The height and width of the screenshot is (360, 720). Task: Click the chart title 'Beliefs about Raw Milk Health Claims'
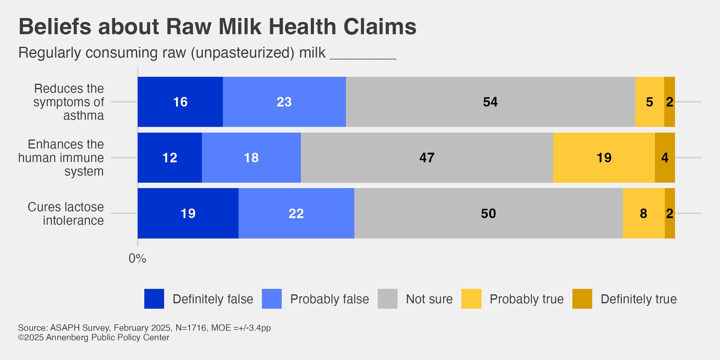(x=217, y=27)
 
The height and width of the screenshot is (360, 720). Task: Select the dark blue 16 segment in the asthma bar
(x=180, y=102)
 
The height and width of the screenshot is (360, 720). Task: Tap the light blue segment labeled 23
(x=284, y=102)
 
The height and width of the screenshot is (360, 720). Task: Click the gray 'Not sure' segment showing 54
(x=490, y=102)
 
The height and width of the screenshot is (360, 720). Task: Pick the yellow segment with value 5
(x=649, y=102)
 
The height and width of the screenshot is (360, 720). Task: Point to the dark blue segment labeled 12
(x=169, y=158)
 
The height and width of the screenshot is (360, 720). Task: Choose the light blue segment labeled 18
(x=251, y=158)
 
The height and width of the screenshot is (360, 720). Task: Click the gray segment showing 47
(x=427, y=158)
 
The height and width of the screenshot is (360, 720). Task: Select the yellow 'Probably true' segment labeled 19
(x=604, y=158)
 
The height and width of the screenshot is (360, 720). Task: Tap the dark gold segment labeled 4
(x=665, y=158)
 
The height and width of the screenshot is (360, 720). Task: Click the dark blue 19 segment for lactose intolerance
(x=188, y=214)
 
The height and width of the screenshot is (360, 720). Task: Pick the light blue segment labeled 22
(x=296, y=214)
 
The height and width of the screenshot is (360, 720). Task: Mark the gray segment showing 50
(x=488, y=214)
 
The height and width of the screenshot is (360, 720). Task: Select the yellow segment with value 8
(x=643, y=214)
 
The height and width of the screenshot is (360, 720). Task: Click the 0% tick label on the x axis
(x=137, y=259)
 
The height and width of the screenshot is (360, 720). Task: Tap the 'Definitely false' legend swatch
(x=154, y=299)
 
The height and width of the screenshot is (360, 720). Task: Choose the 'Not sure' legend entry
(x=429, y=299)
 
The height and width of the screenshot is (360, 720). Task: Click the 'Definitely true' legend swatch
(x=582, y=299)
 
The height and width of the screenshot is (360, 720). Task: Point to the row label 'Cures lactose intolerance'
(x=66, y=214)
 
